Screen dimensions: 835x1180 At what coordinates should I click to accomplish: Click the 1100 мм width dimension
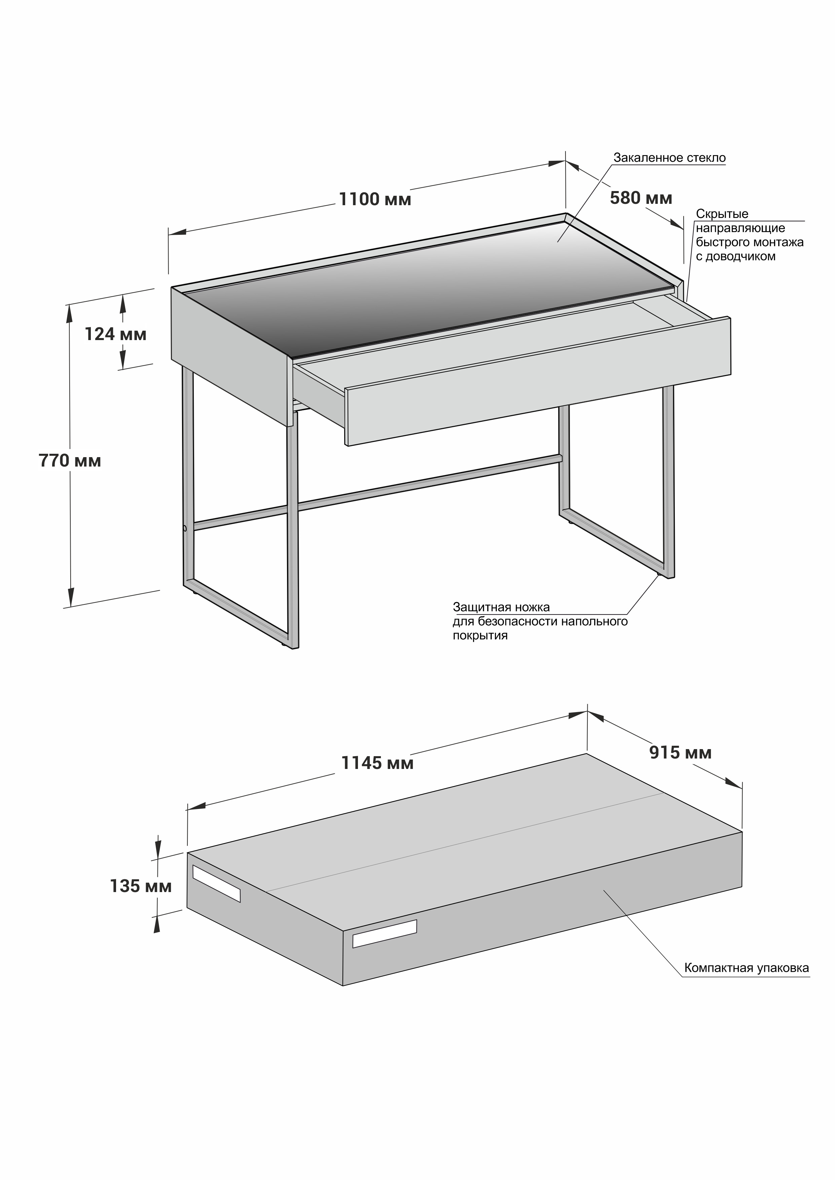[375, 199]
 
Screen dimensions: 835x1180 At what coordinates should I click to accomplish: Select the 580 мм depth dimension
[641, 198]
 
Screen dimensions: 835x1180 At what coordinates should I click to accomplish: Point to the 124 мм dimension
[115, 335]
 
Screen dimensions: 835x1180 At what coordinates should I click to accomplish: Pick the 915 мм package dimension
[680, 752]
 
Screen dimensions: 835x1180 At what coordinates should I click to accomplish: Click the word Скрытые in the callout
[722, 214]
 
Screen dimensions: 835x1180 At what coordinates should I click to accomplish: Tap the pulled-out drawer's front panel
[538, 381]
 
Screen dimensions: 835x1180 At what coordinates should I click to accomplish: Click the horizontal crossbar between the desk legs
[378, 492]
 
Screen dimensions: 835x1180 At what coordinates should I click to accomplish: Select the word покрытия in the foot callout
[480, 636]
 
